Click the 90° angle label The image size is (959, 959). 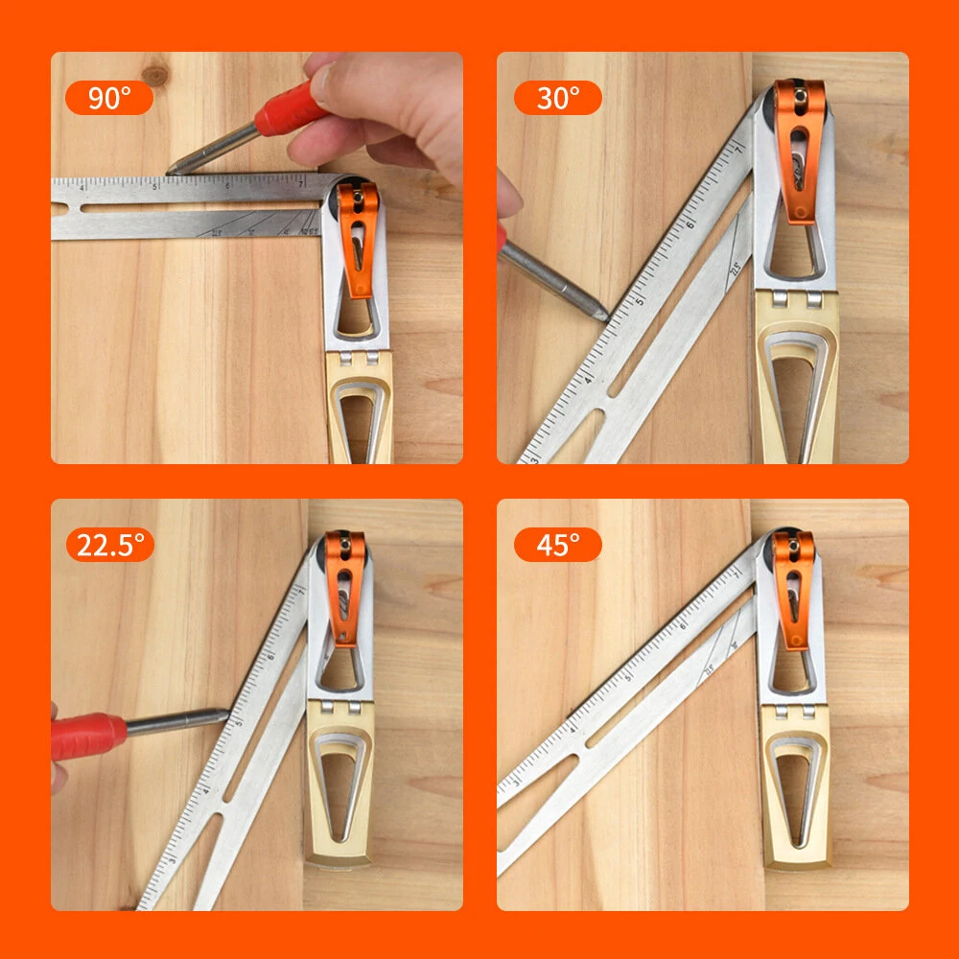[x=108, y=98]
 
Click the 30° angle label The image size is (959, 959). [x=557, y=98]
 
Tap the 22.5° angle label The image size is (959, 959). [x=109, y=545]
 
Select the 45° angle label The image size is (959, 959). [x=557, y=545]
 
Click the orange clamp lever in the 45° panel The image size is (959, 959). [x=793, y=590]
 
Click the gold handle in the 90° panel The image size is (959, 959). [x=360, y=408]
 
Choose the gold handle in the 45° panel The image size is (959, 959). [x=795, y=786]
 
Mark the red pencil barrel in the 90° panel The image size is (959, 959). [x=288, y=110]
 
